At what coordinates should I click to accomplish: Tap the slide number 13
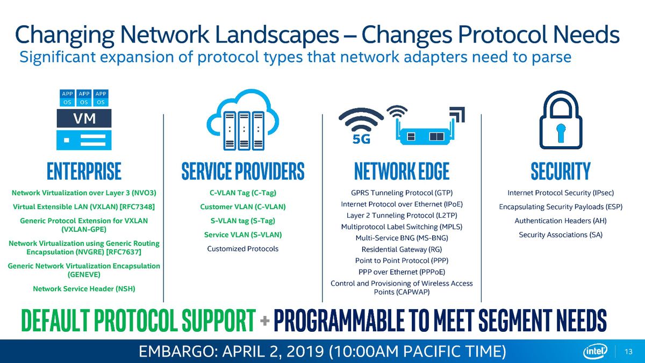[628, 352]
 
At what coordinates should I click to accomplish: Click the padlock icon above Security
[561, 120]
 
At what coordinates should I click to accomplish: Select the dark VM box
[84, 118]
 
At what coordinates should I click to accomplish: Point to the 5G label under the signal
[361, 139]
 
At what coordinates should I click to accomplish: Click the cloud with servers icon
[243, 119]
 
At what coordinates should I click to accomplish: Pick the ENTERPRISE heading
[84, 171]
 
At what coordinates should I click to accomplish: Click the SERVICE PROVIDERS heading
[243, 171]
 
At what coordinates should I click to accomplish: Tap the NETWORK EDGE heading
[402, 171]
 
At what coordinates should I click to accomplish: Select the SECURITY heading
[561, 171]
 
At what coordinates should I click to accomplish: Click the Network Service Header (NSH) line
[84, 289]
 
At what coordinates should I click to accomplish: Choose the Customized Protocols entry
[243, 248]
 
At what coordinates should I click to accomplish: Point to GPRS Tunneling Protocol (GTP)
[402, 193]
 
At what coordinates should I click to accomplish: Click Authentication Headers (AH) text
[561, 220]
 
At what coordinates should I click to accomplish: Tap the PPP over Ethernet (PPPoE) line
[402, 272]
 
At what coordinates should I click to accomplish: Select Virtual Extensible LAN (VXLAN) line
[84, 207]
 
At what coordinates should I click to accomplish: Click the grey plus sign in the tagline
[264, 321]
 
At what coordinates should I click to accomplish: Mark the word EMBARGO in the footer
[175, 352]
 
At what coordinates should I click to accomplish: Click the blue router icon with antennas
[424, 131]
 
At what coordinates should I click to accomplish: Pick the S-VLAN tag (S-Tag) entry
[243, 220]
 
